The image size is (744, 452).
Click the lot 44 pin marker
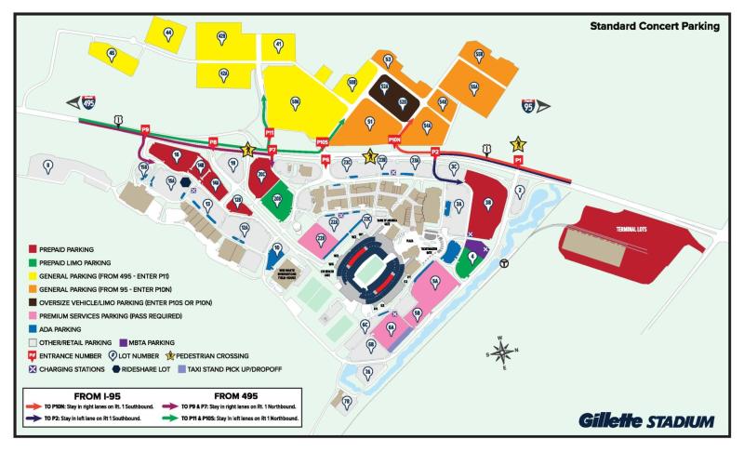pos(168,33)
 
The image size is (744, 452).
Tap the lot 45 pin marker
pos(113,55)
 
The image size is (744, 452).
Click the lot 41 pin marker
pos(278,44)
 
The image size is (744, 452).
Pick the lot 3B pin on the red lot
pos(487,199)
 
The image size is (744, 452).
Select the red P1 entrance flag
pos(518,160)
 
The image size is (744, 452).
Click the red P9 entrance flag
pos(146,129)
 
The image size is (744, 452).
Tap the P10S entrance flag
pos(323,141)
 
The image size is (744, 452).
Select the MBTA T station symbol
pos(503,263)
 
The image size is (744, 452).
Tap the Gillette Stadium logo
pos(646,420)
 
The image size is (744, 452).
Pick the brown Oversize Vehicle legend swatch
pos(33,302)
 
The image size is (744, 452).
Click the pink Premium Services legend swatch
pos(33,315)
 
